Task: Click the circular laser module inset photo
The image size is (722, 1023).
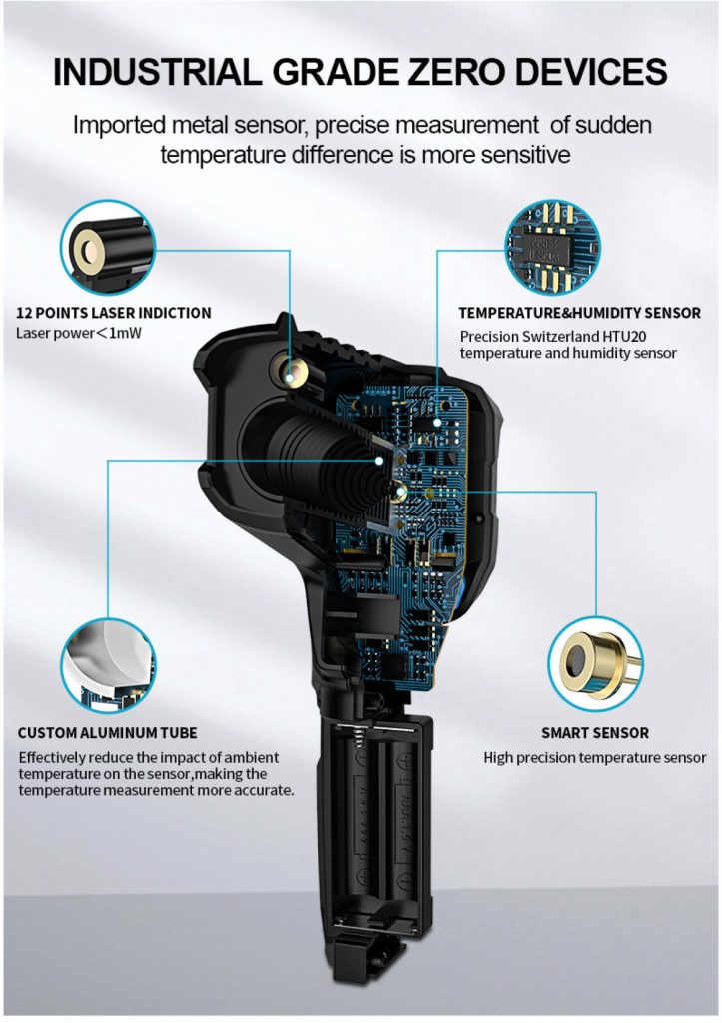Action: coord(108,247)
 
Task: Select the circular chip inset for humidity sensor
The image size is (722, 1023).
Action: coord(553,247)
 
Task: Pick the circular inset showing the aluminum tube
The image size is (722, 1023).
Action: coord(108,665)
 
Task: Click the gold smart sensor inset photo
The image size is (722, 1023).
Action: coord(595,664)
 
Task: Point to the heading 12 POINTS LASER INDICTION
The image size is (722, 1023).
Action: coord(114,313)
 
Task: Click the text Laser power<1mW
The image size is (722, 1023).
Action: coord(78,333)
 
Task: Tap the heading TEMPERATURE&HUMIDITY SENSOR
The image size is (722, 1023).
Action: coord(580,313)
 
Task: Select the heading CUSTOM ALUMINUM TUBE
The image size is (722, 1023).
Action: coord(107,732)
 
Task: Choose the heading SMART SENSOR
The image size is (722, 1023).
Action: coord(595,732)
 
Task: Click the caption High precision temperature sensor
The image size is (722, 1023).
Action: coord(595,758)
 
